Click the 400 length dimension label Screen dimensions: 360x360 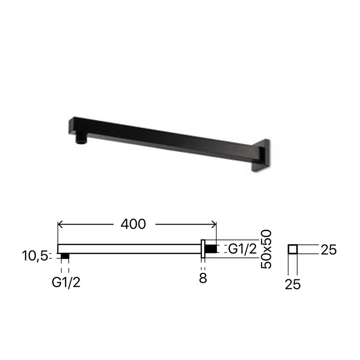point(133,224)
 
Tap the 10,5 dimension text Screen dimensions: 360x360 point(35,256)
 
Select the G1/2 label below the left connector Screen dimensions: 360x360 point(66,282)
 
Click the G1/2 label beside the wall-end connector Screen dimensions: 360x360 point(243,249)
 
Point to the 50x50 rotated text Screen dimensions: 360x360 point(266,249)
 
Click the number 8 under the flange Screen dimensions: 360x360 point(203,278)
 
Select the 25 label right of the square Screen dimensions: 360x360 point(328,250)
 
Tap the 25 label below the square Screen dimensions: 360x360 point(292,284)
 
